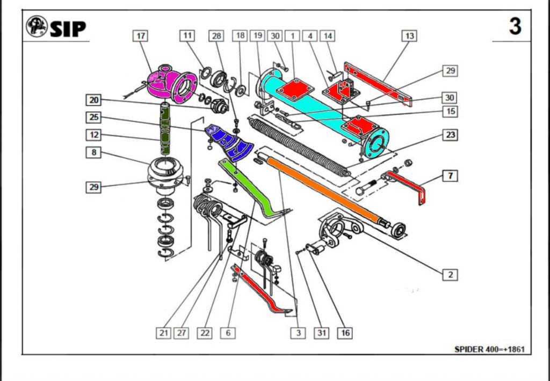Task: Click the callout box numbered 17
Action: point(141,36)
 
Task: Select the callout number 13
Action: point(410,36)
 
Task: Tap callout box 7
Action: point(450,175)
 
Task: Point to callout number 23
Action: point(450,135)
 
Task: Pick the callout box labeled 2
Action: point(450,274)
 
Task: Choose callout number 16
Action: point(345,333)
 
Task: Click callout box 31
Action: point(322,333)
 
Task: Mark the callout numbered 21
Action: point(164,333)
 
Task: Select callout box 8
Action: point(94,152)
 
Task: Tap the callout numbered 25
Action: point(94,116)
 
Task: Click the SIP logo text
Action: point(68,28)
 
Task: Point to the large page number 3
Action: point(515,26)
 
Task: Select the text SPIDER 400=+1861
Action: point(489,349)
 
